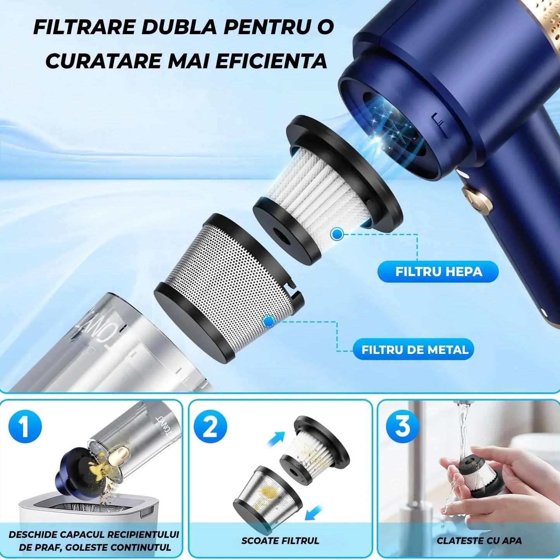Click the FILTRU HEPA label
(x=438, y=272)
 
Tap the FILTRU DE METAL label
(x=415, y=350)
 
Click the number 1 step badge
(x=25, y=426)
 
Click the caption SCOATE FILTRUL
(x=280, y=541)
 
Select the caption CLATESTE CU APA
(x=479, y=541)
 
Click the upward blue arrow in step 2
(x=276, y=440)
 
